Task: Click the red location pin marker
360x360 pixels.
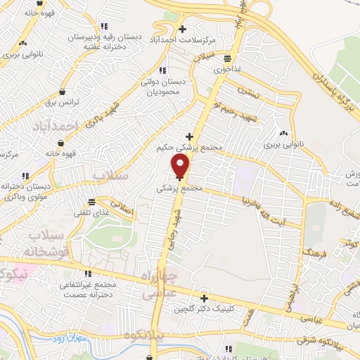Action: [x=181, y=166]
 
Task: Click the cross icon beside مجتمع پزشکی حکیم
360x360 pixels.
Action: [x=188, y=136]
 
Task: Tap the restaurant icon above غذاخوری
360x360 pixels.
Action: [x=227, y=59]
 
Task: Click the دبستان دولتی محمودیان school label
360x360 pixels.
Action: [x=162, y=86]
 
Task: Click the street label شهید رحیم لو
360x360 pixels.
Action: [x=232, y=107]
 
